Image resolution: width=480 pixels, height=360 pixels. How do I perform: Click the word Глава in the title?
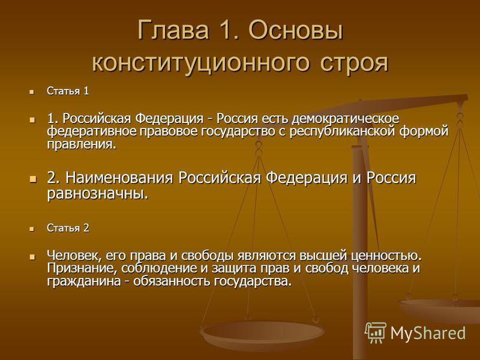pyautogui.click(x=173, y=30)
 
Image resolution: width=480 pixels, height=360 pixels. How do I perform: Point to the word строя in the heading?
pyautogui.click(x=354, y=63)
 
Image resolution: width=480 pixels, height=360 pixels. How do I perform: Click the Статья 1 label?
pyautogui.click(x=68, y=91)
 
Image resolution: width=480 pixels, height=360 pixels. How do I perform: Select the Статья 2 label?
pyautogui.click(x=68, y=228)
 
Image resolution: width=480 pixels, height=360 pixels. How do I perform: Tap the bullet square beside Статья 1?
pyautogui.click(x=31, y=92)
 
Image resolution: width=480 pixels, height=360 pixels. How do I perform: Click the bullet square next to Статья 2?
pyautogui.click(x=31, y=229)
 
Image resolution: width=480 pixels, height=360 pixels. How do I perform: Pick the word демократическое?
pyautogui.click(x=346, y=119)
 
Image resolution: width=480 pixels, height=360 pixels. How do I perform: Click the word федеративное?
pyautogui.click(x=92, y=131)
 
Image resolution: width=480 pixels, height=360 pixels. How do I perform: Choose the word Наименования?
pyautogui.click(x=119, y=178)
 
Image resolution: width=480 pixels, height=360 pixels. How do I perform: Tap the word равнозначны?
pyautogui.click(x=98, y=194)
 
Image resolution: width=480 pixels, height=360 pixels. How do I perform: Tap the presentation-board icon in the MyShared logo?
pyautogui.click(x=376, y=332)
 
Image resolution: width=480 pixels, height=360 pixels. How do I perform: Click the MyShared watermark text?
pyautogui.click(x=428, y=333)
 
